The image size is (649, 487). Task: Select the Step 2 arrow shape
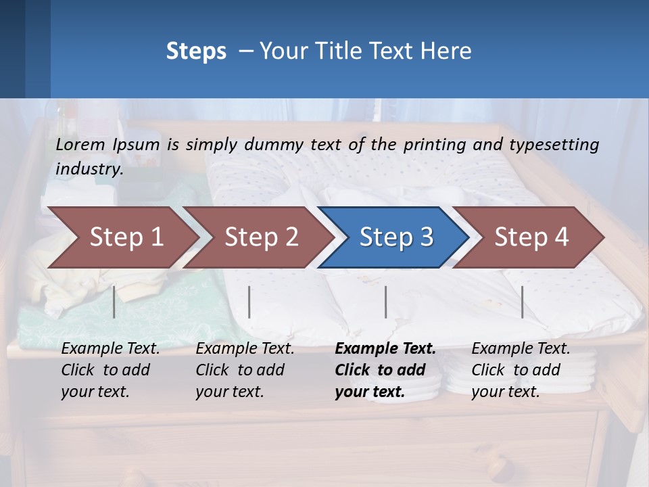click(x=261, y=237)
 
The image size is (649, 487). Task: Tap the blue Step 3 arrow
click(x=396, y=237)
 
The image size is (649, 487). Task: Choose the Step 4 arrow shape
click(x=531, y=237)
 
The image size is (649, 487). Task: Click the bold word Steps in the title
click(x=196, y=51)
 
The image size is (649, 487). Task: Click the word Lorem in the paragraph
click(x=80, y=144)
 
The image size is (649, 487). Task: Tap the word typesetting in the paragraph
click(x=554, y=144)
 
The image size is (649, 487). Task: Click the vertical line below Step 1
click(x=114, y=302)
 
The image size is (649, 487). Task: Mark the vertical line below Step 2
click(x=249, y=302)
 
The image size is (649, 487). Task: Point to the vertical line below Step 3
click(x=385, y=302)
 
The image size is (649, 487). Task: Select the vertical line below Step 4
click(x=522, y=302)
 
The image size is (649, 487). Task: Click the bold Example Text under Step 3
click(x=385, y=349)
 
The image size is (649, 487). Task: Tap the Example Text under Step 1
click(x=110, y=349)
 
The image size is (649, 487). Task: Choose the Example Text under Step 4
click(x=521, y=349)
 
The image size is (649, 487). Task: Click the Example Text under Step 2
click(x=245, y=349)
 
